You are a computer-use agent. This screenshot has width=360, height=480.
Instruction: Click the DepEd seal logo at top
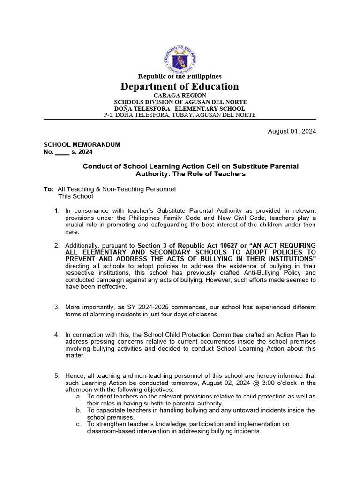click(x=180, y=59)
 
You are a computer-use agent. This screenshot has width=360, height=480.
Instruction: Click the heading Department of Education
click(x=180, y=86)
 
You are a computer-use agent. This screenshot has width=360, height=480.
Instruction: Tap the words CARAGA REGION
click(x=180, y=95)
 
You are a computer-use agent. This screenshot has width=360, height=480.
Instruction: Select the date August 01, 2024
click(x=292, y=131)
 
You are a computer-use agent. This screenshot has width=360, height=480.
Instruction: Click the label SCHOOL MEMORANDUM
click(x=82, y=144)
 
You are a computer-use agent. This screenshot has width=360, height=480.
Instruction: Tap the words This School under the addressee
click(x=75, y=196)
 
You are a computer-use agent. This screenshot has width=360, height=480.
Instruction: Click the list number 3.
click(x=56, y=307)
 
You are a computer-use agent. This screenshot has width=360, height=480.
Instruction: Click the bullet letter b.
click(x=78, y=410)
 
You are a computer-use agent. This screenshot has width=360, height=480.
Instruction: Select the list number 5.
click(x=56, y=375)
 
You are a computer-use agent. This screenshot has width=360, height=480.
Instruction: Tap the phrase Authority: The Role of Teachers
click(x=190, y=174)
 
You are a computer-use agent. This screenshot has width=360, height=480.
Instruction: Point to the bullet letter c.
click(x=78, y=424)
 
